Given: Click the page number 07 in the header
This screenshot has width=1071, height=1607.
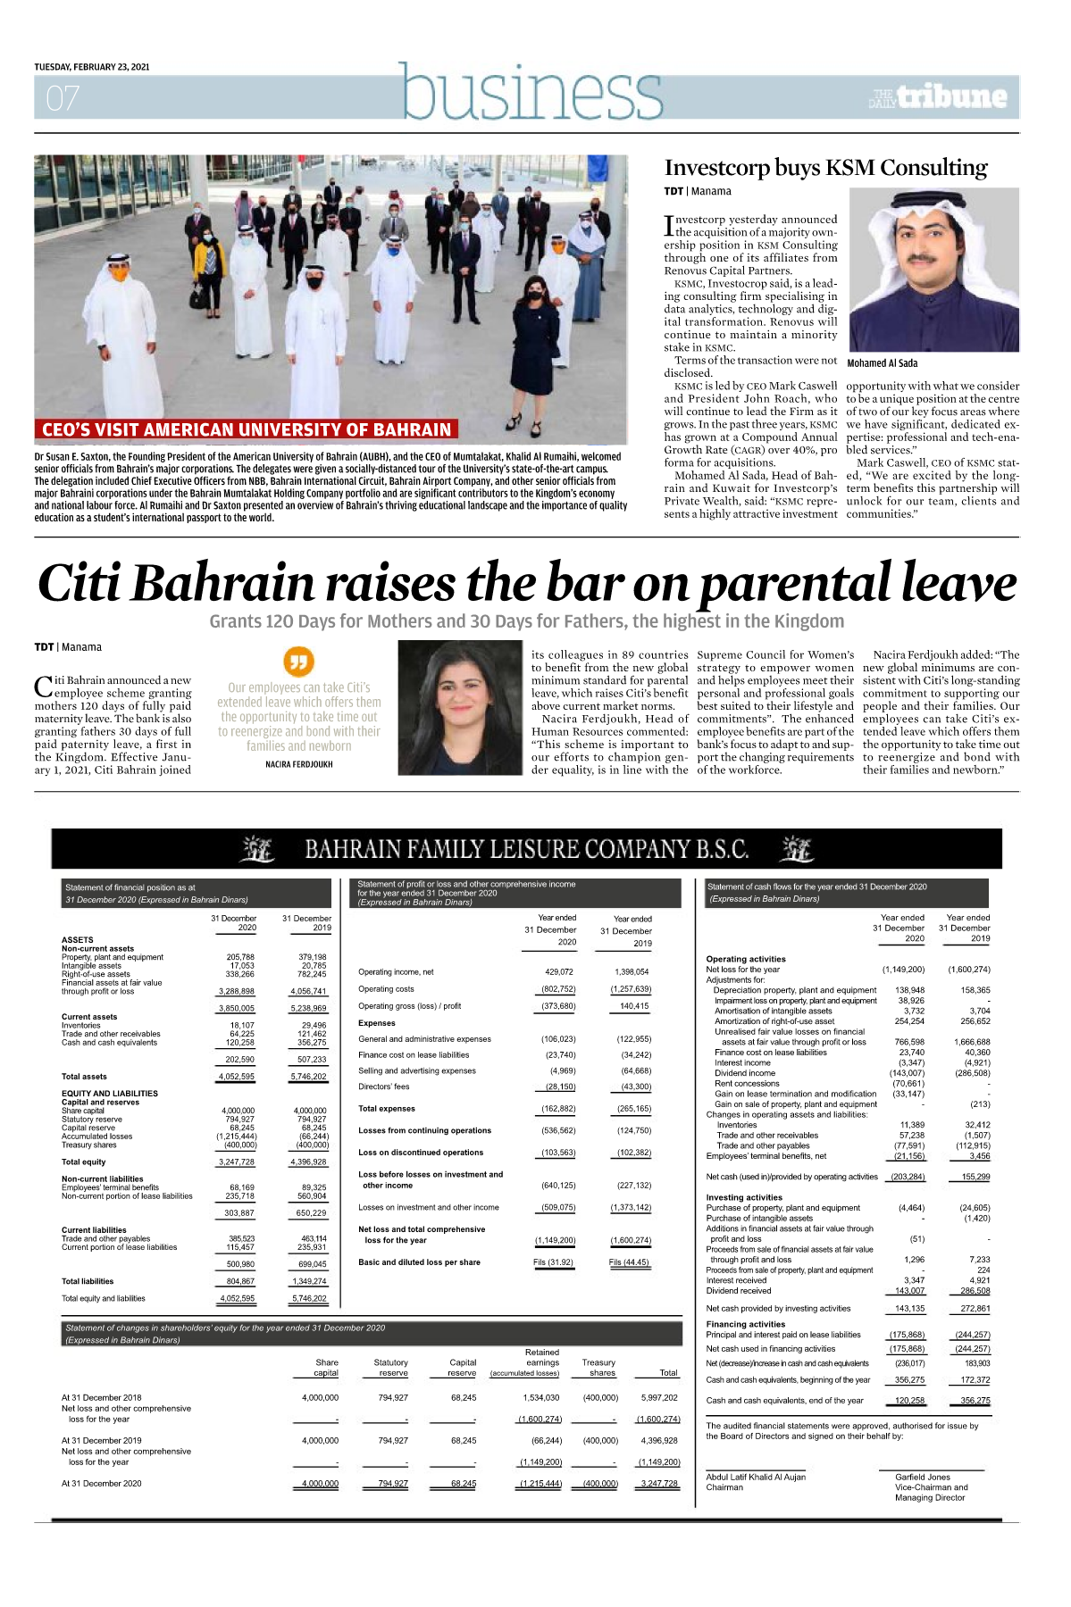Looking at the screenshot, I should (x=63, y=97).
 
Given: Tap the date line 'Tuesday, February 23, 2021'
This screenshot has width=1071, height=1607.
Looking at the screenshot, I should (x=92, y=67).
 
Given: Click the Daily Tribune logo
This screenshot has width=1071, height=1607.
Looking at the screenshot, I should (x=938, y=97).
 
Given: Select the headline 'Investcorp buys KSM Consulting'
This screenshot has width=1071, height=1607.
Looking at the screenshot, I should (x=825, y=168).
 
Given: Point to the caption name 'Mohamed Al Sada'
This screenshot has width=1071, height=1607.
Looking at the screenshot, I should (x=882, y=363).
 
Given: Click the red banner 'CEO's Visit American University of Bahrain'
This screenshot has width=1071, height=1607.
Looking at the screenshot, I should (x=247, y=429).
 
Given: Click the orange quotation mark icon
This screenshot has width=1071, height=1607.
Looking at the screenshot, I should (x=298, y=662).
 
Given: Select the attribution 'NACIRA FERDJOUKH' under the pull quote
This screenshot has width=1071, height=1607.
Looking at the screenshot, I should (x=298, y=764).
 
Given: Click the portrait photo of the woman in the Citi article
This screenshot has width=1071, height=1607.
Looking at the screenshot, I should (x=459, y=708).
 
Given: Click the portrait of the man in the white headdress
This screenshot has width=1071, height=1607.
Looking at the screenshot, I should (x=933, y=269).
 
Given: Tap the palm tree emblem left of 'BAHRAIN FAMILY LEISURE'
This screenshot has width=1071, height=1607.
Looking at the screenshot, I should (x=257, y=849).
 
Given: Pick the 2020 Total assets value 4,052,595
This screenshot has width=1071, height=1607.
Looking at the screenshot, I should (x=237, y=1077).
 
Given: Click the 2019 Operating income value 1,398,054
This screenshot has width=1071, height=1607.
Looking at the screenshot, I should (x=632, y=971).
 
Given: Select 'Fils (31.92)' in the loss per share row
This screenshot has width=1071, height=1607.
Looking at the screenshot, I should (x=553, y=1262).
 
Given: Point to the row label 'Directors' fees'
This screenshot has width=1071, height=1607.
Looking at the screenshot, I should (x=384, y=1087).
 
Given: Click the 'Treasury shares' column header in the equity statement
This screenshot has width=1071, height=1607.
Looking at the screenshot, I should (x=598, y=1368).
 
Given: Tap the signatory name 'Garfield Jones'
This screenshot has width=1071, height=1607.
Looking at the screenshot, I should (x=923, y=1477).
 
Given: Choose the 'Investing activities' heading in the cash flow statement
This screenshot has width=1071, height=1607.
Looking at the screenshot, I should (x=743, y=1197).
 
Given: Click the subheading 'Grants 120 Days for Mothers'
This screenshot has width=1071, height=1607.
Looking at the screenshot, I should (x=526, y=621).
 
